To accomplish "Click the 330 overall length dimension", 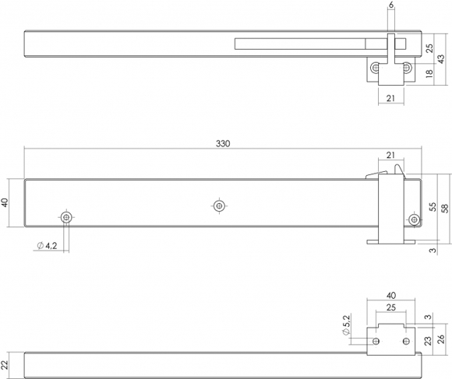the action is [x=223, y=144].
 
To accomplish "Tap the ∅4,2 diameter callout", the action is [x=48, y=246].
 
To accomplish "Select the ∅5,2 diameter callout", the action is [x=346, y=325].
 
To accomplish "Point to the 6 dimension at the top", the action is [x=391, y=5].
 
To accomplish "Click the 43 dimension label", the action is [x=441, y=59].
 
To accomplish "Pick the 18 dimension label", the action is [x=429, y=73].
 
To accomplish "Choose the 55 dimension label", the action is [x=433, y=207].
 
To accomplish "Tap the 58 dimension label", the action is [x=445, y=209].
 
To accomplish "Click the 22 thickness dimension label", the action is [x=5, y=366].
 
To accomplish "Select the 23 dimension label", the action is [x=429, y=341].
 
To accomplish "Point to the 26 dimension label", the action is [x=441, y=339].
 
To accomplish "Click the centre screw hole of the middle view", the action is [x=219, y=205].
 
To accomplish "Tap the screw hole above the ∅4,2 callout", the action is [x=66, y=217].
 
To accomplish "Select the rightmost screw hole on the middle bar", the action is [x=415, y=220].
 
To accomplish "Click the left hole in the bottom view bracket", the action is [x=376, y=342].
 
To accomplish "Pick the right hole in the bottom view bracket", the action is [x=406, y=342].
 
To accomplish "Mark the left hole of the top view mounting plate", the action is [x=376, y=68].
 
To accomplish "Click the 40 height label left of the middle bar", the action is [x=5, y=202].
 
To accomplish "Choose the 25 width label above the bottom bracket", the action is [x=391, y=307].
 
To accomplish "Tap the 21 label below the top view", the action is [x=390, y=98].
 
